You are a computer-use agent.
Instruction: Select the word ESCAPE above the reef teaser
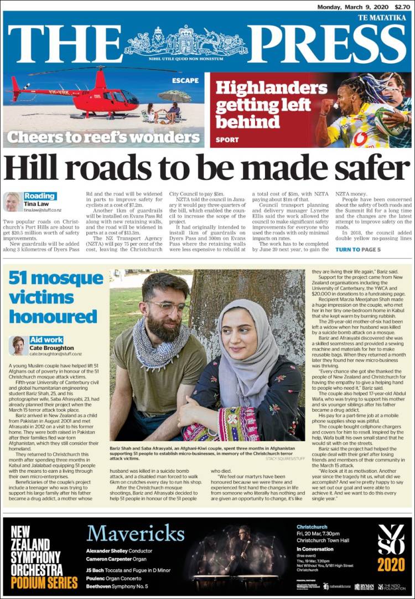point(185,80)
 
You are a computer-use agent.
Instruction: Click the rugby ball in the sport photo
point(387,122)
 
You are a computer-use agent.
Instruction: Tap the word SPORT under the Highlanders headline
point(227,140)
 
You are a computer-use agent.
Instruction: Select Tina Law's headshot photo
point(12,202)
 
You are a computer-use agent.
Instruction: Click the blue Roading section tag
point(40,196)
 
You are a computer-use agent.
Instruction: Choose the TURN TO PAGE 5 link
point(358,250)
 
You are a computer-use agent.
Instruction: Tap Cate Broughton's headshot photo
point(18,345)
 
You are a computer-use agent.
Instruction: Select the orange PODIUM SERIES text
point(44,582)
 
